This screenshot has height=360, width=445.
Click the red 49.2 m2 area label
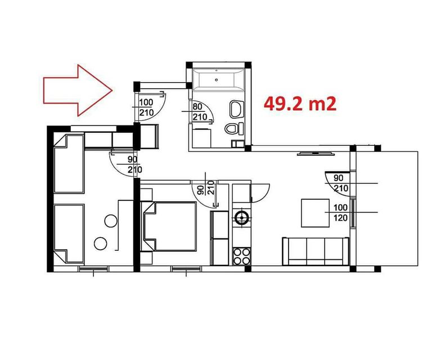pos(300,104)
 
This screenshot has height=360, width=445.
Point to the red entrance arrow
pos(78,91)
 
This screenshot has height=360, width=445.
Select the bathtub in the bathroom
pos(218,80)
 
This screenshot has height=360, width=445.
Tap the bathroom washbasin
pos(236,109)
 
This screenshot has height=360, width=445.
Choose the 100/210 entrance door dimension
pos(146,107)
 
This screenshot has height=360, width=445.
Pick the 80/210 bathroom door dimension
pos(200,112)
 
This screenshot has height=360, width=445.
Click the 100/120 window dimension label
pos(340,213)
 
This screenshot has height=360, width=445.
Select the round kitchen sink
pos(242,218)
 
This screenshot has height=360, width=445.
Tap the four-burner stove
pos(241,256)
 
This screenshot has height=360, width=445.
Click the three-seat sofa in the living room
pos(316,251)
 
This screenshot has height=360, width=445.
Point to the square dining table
pos(315,213)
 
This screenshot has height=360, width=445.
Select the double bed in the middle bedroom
pos(169,226)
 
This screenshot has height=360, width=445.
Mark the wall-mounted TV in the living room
pos(316,154)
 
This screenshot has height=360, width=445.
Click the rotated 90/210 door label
pos(206,187)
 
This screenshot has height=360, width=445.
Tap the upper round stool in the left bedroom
pos(111,220)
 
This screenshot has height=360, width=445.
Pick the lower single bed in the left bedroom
pos(69,234)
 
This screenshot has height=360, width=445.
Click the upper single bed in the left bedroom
pos(69,164)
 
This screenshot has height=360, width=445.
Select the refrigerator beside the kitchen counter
pos(219,238)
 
